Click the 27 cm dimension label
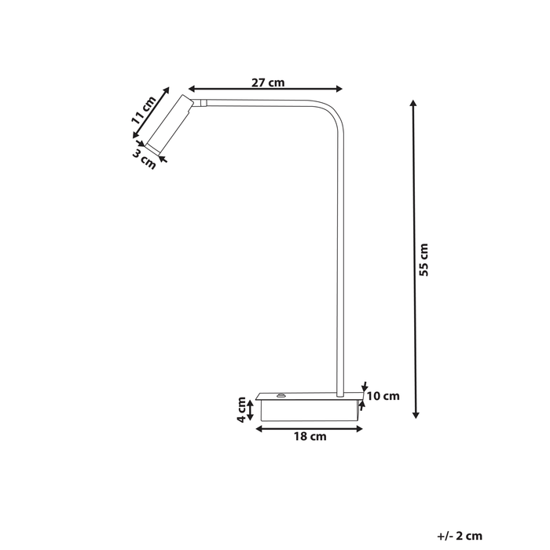click(268, 82)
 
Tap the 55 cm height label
click(423, 260)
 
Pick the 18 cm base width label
click(311, 437)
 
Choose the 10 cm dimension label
click(383, 396)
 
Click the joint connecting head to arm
click(203, 102)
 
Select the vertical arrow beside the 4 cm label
click(251, 410)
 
